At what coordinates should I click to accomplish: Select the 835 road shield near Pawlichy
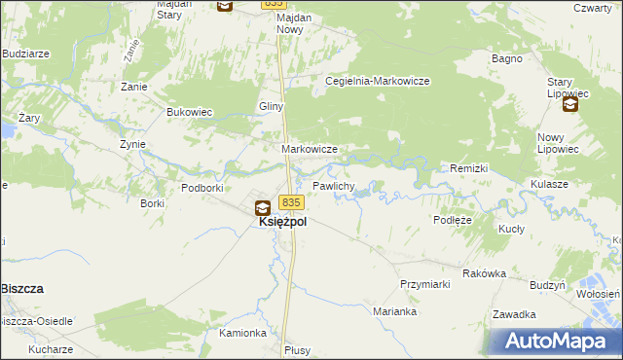292,202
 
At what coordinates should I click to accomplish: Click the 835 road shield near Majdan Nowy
275,4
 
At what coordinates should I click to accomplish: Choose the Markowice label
310,149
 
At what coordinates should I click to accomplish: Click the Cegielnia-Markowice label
378,82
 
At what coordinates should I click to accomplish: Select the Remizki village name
469,168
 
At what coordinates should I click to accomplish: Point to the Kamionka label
242,333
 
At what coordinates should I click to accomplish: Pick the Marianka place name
395,312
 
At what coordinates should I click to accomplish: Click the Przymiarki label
424,283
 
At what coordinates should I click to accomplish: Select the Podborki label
203,187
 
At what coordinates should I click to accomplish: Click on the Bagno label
507,58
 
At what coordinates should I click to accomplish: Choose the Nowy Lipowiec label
559,144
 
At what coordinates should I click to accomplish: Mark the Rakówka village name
484,273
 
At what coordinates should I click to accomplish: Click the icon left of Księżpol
263,207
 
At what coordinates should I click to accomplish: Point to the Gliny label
271,106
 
